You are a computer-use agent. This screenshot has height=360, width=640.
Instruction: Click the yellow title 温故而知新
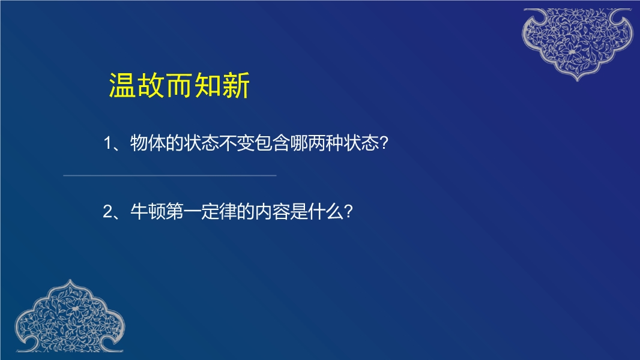point(179,86)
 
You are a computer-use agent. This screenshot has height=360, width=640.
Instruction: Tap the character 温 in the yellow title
point(122,86)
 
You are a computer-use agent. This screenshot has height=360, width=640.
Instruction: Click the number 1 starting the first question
point(107,143)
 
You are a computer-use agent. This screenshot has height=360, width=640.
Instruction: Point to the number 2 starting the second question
point(107,212)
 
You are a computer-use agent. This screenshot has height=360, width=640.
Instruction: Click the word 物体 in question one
point(148,143)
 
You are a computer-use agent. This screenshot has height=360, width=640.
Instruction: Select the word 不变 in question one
point(237,143)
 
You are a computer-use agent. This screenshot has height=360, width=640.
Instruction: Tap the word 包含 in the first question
point(272,143)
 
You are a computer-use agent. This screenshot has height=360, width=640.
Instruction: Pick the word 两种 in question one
point(326,143)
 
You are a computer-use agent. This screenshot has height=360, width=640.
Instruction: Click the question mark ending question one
point(384,143)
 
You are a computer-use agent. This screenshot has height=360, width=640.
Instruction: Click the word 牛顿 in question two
point(148,212)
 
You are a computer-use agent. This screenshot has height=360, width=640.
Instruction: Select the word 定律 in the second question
point(219,212)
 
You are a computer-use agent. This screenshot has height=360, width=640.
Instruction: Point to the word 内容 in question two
point(272,212)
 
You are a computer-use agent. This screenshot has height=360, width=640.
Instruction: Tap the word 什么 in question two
point(326,212)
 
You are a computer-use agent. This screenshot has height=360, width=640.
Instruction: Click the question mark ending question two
point(348,212)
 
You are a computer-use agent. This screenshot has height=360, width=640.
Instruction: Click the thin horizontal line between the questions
point(170,176)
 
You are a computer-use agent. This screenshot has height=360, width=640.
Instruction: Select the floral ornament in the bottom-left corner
point(70,316)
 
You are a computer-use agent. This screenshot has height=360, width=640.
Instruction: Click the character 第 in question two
point(174,212)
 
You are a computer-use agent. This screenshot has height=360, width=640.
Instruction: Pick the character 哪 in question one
point(299,143)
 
